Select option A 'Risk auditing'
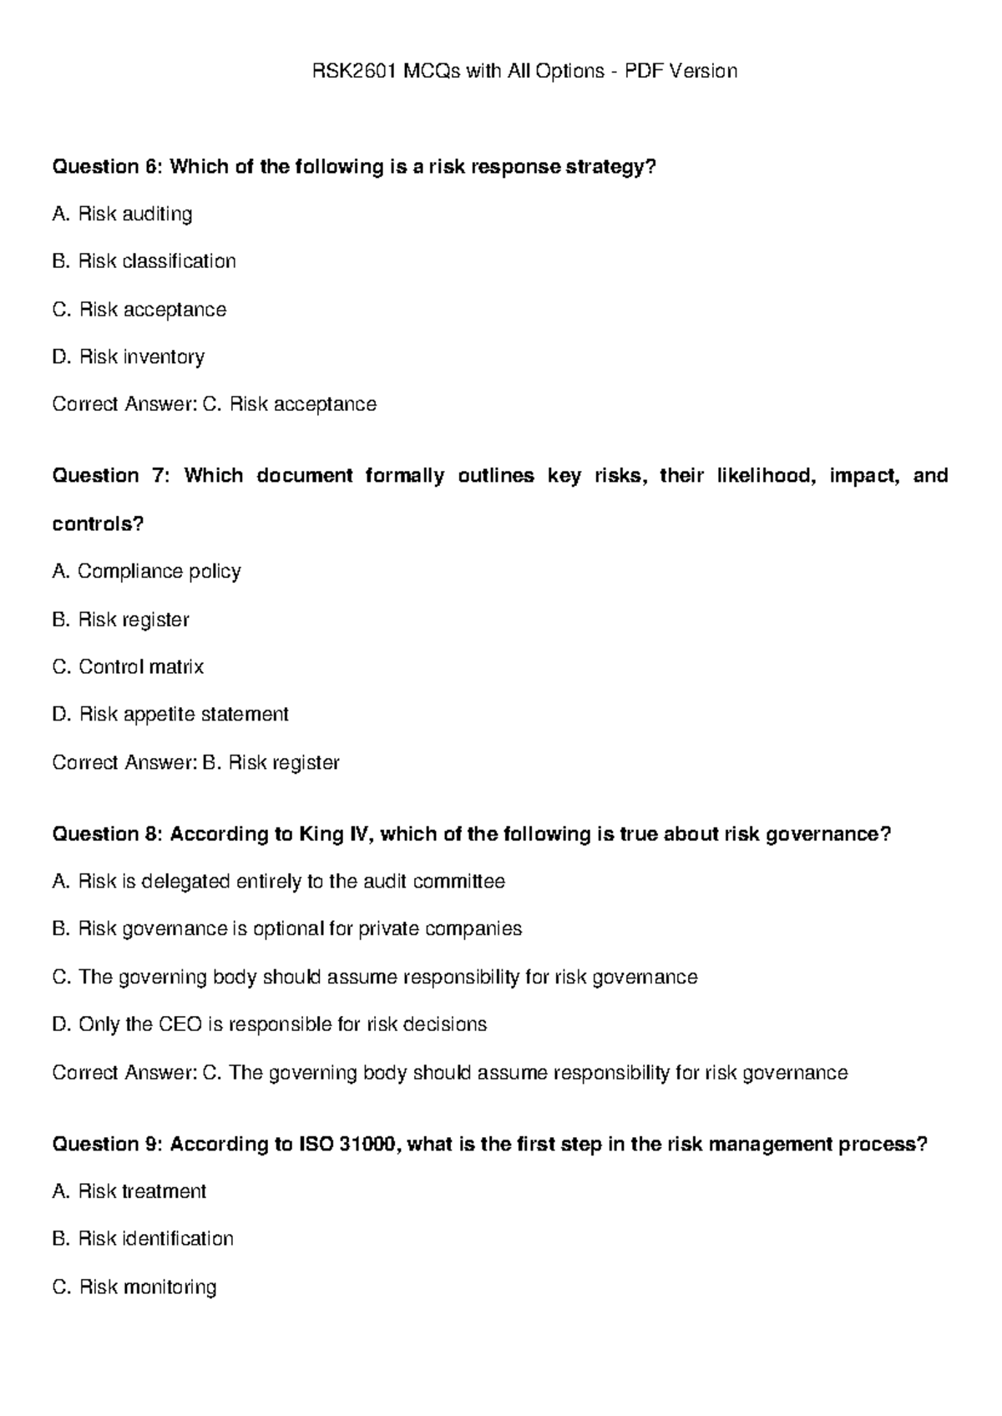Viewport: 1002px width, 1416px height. [x=122, y=215]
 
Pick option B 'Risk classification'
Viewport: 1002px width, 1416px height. [x=144, y=261]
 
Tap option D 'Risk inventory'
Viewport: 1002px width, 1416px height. [x=129, y=357]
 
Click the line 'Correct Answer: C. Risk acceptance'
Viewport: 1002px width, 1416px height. [x=214, y=405]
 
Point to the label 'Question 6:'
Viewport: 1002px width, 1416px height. [x=108, y=167]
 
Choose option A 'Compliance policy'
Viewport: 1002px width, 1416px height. [x=146, y=572]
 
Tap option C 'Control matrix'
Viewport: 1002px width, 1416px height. [x=128, y=667]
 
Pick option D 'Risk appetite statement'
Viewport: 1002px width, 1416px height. [x=170, y=715]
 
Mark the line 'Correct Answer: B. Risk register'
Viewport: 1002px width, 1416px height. [x=195, y=763]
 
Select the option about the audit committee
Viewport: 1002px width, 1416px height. [x=278, y=882]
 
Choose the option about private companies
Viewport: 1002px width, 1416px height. [x=286, y=929]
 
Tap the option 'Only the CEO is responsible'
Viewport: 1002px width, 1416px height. [x=269, y=1024]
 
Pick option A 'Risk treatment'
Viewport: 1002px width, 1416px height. [x=129, y=1191]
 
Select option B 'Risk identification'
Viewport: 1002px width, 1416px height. [x=143, y=1239]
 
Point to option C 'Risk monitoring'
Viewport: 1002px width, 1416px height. [x=134, y=1287]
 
